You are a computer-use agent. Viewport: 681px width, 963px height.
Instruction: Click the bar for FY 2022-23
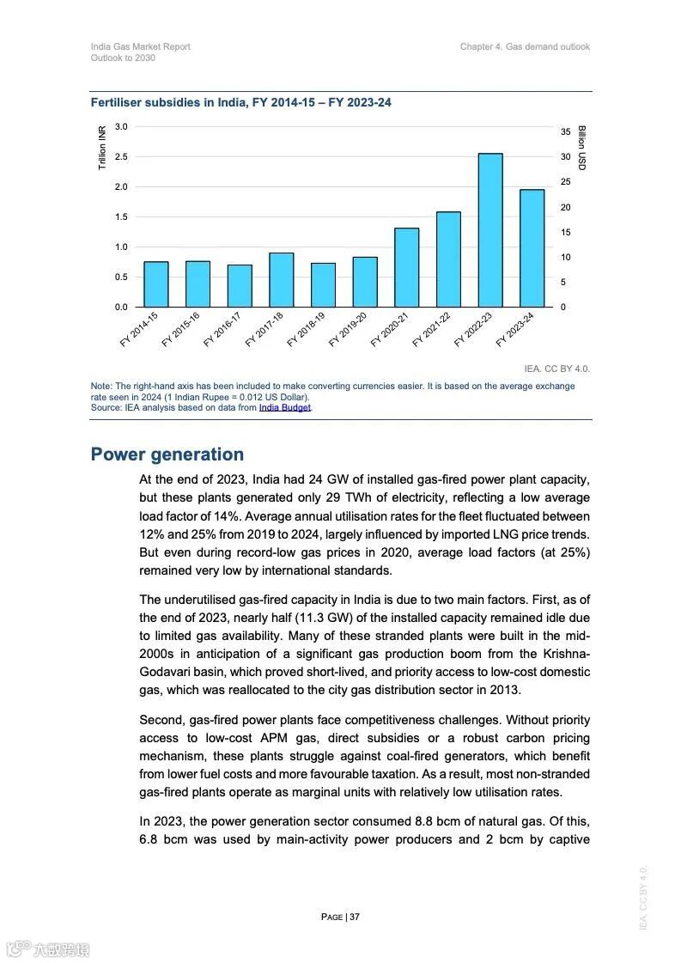[x=490, y=230]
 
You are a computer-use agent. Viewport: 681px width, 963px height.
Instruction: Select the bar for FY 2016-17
[x=240, y=285]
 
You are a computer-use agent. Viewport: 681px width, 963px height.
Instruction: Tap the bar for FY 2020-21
[x=407, y=267]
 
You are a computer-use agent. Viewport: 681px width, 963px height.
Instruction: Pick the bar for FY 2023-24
[x=532, y=248]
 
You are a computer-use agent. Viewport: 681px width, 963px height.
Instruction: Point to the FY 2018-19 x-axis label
[x=307, y=329]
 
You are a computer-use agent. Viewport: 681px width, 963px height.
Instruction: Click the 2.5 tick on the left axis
[x=121, y=156]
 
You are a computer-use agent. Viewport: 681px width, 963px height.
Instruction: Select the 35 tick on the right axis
[x=565, y=132]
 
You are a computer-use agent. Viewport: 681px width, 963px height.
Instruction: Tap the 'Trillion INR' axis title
[x=102, y=147]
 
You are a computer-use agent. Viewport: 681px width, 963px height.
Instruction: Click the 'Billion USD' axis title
[x=581, y=148]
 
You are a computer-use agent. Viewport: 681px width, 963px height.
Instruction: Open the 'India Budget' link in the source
[x=285, y=407]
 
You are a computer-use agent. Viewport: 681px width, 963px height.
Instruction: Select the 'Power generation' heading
[x=167, y=454]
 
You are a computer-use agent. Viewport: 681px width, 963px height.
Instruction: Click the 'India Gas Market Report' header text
[x=141, y=46]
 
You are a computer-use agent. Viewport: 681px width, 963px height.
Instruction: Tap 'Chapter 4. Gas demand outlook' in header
[x=525, y=46]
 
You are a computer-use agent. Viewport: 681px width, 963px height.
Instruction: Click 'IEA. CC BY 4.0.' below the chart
[x=557, y=369]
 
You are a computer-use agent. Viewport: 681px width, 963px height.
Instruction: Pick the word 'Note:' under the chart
[x=101, y=387]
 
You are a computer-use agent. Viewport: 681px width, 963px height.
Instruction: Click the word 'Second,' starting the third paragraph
[x=161, y=720]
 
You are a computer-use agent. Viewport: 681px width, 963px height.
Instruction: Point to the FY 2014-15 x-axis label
[x=139, y=329]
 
